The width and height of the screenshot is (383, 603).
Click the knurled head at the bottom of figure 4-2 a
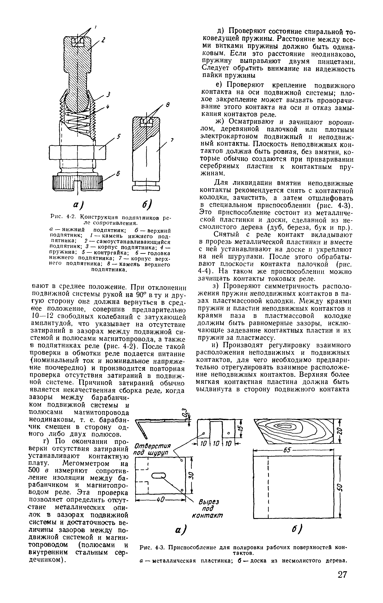coord(78,182)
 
